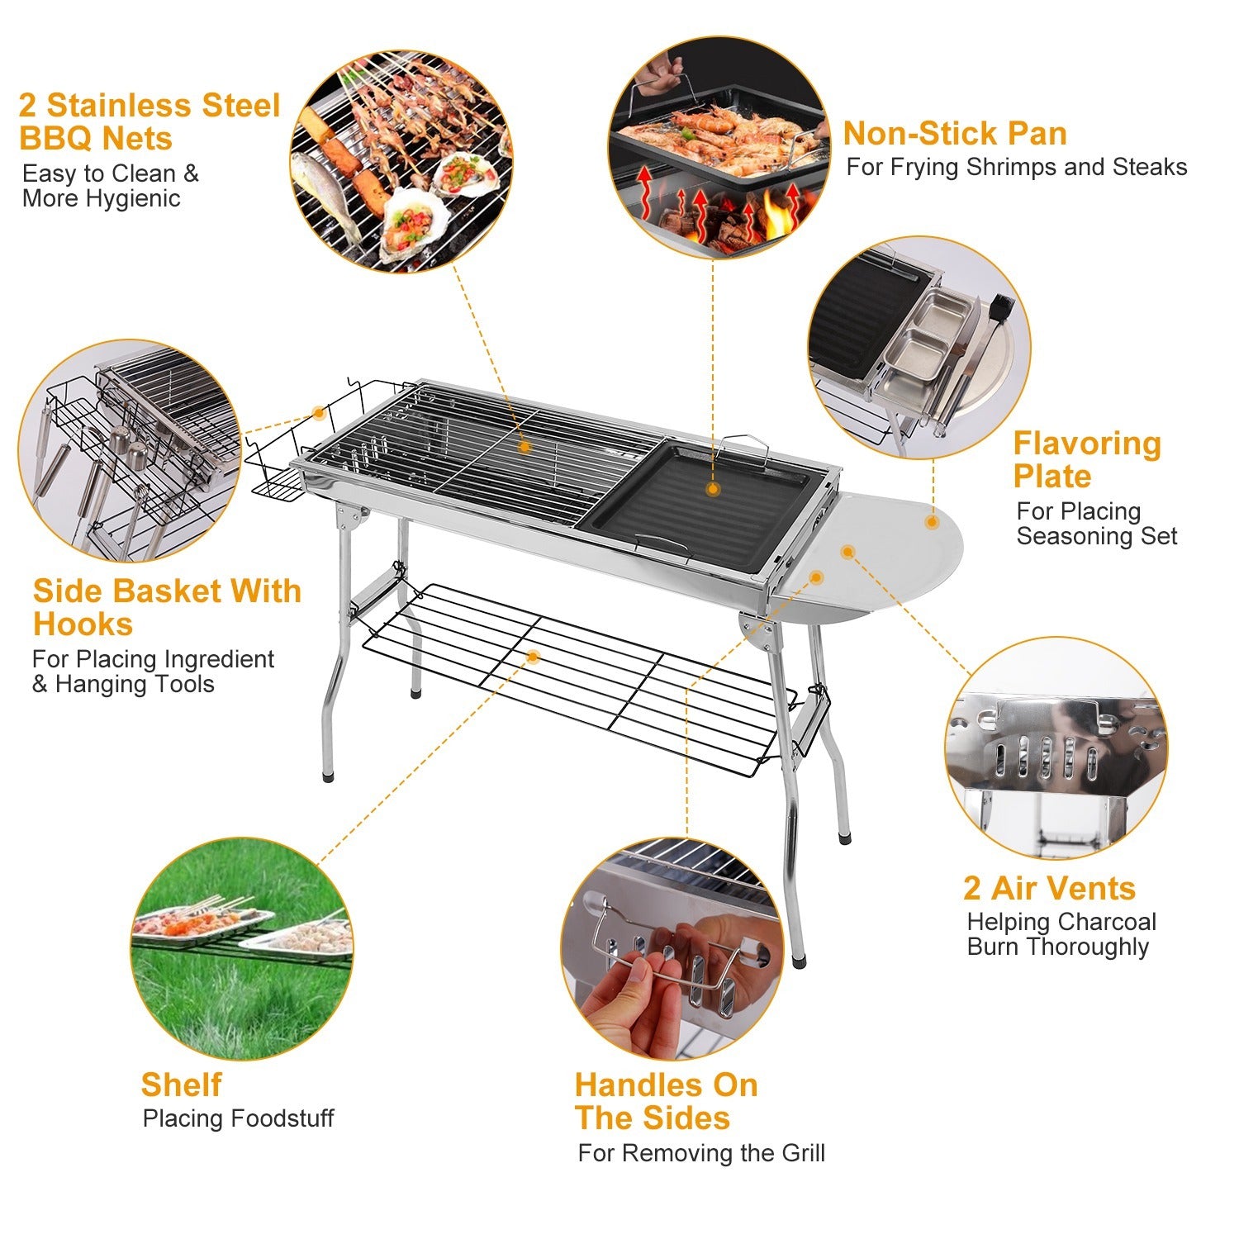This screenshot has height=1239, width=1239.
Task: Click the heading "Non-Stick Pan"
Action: pos(954,134)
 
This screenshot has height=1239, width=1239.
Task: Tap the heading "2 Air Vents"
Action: pos(1048,889)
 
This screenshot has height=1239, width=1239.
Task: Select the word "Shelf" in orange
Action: pos(181,1085)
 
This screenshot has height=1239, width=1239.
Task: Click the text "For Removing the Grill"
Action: pos(700,1152)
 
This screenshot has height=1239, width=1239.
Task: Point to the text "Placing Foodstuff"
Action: pos(238,1118)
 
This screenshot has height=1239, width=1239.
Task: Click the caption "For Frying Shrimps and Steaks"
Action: pos(1016,167)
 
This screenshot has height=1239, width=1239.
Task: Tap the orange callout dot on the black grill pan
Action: pos(712,489)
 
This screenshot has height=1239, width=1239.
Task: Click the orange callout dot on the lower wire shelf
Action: pos(533,657)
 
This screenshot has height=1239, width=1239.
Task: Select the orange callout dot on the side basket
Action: pos(318,412)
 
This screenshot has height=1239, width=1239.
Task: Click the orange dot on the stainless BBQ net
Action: pos(524,447)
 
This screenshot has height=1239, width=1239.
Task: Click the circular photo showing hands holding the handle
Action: pos(671,950)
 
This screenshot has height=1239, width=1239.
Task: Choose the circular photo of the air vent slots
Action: pos(1055,748)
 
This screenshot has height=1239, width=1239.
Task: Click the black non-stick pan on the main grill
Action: pos(702,508)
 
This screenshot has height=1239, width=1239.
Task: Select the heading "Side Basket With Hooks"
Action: pos(166,607)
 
